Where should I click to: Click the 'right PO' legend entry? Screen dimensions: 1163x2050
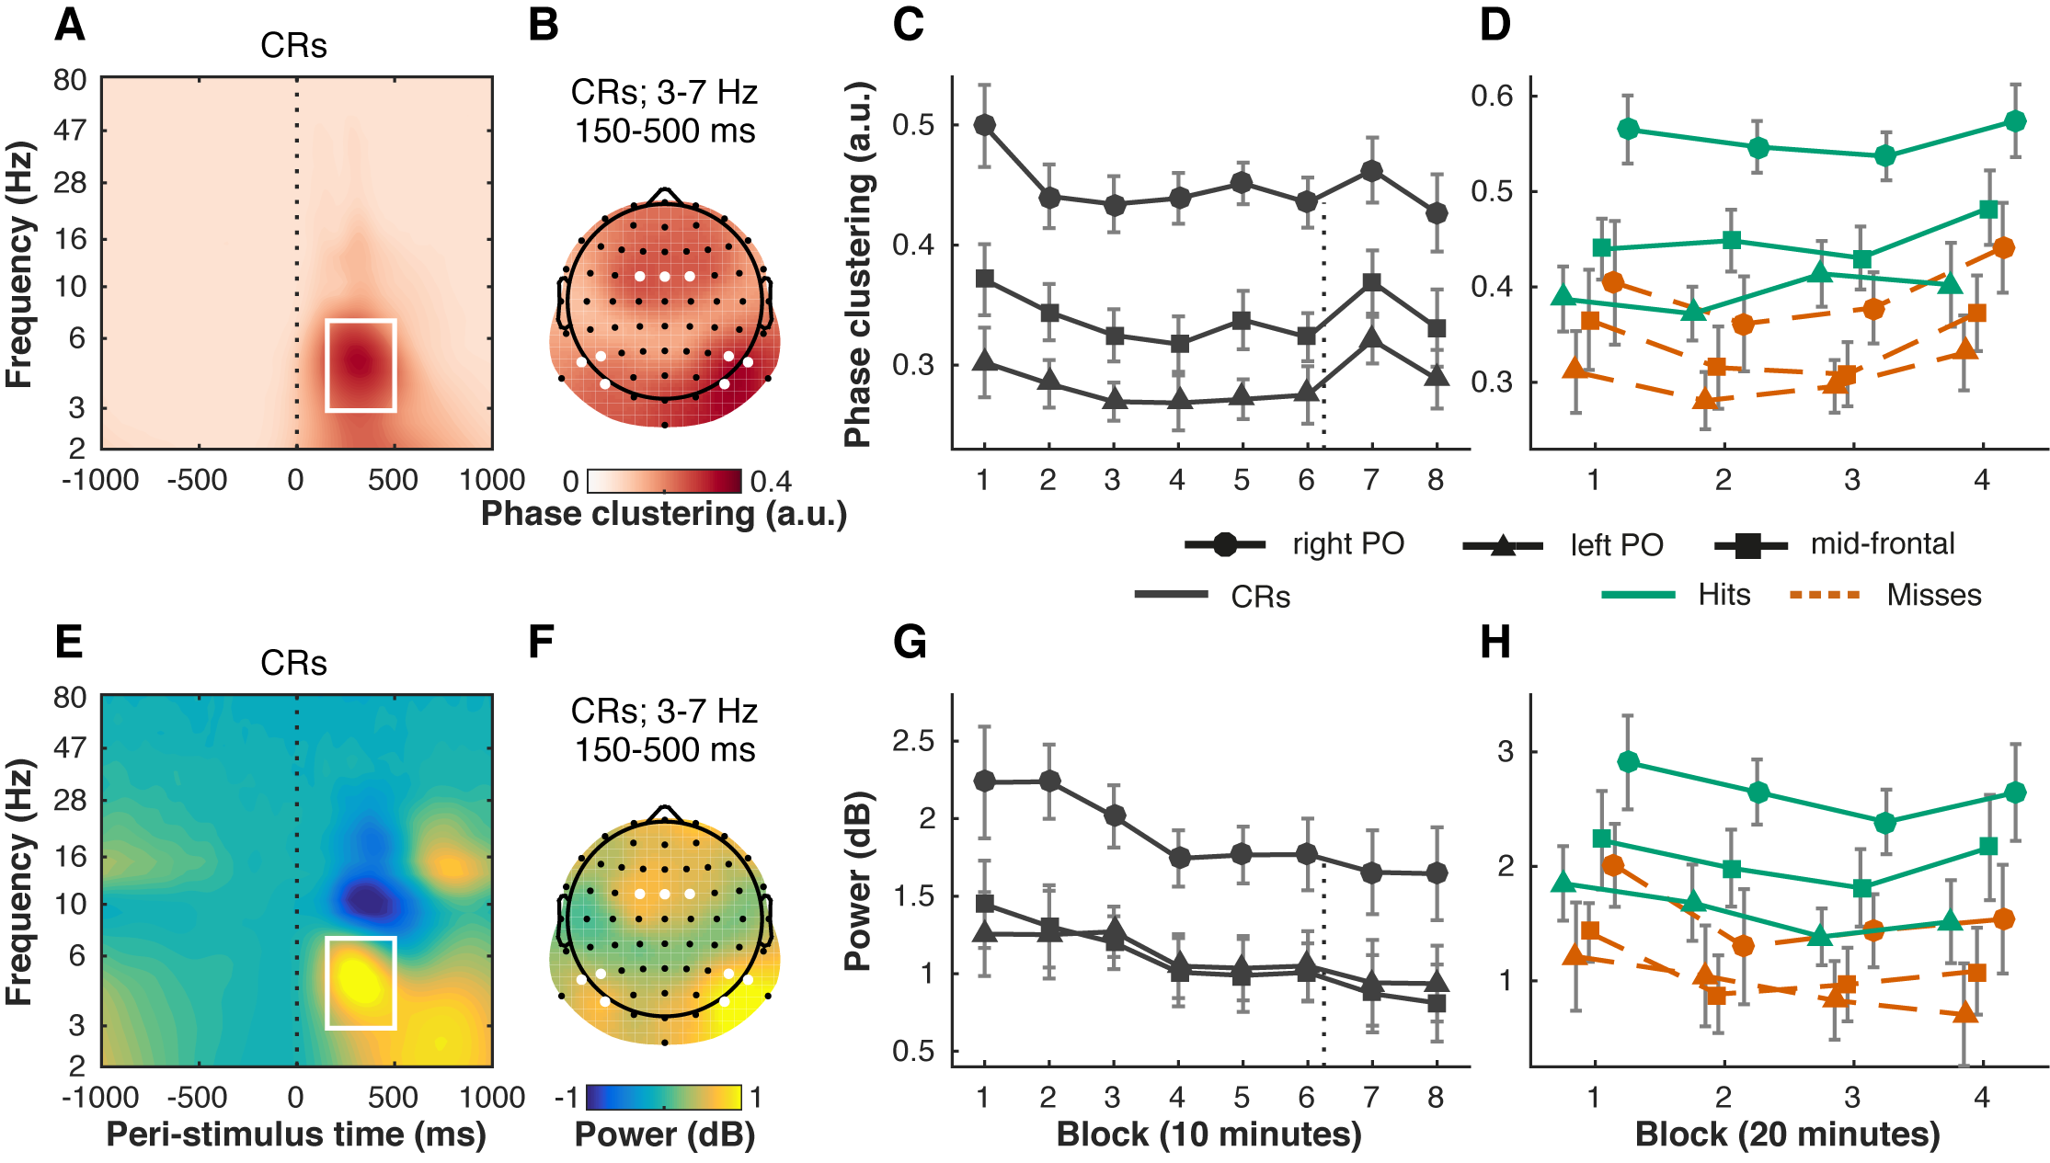click(1347, 544)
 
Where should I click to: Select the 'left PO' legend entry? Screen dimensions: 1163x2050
click(1616, 545)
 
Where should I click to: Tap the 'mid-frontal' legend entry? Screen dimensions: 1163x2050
click(1882, 544)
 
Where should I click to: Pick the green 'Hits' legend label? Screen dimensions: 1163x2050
click(1724, 595)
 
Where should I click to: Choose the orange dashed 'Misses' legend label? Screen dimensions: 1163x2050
click(1933, 595)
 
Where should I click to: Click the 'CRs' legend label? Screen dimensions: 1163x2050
click(1260, 597)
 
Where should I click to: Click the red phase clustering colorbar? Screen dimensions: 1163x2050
click(664, 481)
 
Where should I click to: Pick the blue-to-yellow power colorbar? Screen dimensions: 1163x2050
click(664, 1098)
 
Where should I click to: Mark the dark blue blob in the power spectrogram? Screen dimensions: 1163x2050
click(368, 898)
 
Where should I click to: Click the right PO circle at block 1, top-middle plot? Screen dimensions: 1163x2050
click(984, 125)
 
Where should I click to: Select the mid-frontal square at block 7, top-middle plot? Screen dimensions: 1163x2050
click(1371, 282)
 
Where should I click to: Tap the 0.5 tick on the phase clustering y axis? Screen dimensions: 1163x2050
click(913, 125)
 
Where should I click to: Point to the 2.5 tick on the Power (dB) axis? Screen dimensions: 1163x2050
click(913, 741)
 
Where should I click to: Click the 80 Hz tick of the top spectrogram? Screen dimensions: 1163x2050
click(70, 81)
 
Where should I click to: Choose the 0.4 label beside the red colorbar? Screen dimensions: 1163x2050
click(771, 482)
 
